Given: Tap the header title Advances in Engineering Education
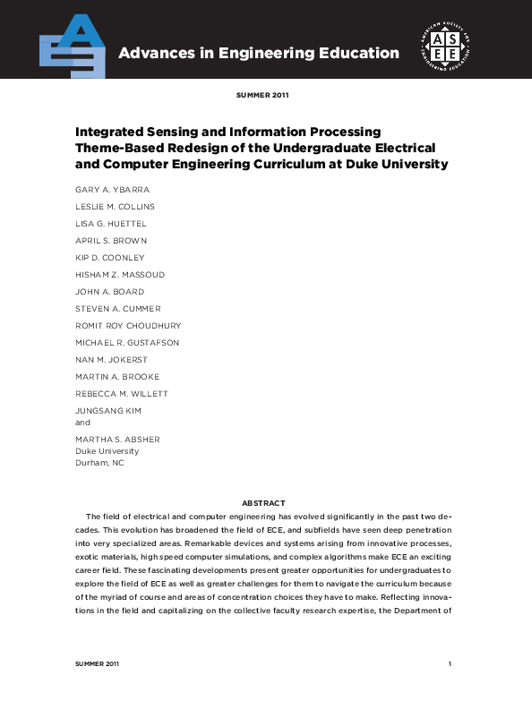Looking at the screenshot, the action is coord(259,53).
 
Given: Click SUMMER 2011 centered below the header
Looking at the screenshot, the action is coord(262,94).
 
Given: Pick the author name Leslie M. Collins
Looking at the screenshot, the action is coord(115,207).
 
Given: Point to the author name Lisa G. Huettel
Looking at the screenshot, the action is coord(111,224).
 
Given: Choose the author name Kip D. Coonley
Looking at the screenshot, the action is coord(109,258).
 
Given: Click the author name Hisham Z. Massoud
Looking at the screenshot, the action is coord(120,275).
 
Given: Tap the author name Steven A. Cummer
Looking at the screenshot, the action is coord(118,309).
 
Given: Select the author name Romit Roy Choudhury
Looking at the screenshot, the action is coord(128,326).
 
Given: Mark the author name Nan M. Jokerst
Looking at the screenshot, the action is coord(111,360).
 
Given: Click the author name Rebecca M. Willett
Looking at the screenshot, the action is coord(122,394).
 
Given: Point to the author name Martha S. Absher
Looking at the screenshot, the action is coord(117,440).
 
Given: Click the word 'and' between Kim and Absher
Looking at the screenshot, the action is coord(82,422).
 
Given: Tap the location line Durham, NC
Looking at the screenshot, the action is coord(99,463).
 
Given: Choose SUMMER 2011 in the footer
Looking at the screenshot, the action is coord(97,663).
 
